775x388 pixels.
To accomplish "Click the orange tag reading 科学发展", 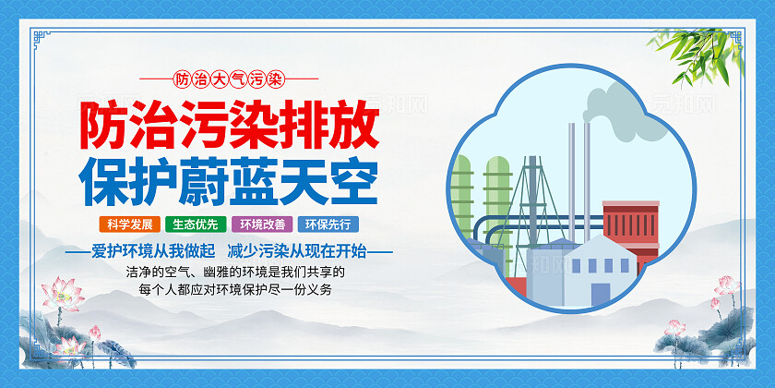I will point(128,224).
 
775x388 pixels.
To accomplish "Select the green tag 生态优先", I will point(192,224).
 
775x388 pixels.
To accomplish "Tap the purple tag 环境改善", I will point(261,224).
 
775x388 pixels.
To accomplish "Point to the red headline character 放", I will point(352,124).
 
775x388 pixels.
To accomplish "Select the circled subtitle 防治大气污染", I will point(227,79).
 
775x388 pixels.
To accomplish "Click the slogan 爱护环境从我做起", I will point(156,250).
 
